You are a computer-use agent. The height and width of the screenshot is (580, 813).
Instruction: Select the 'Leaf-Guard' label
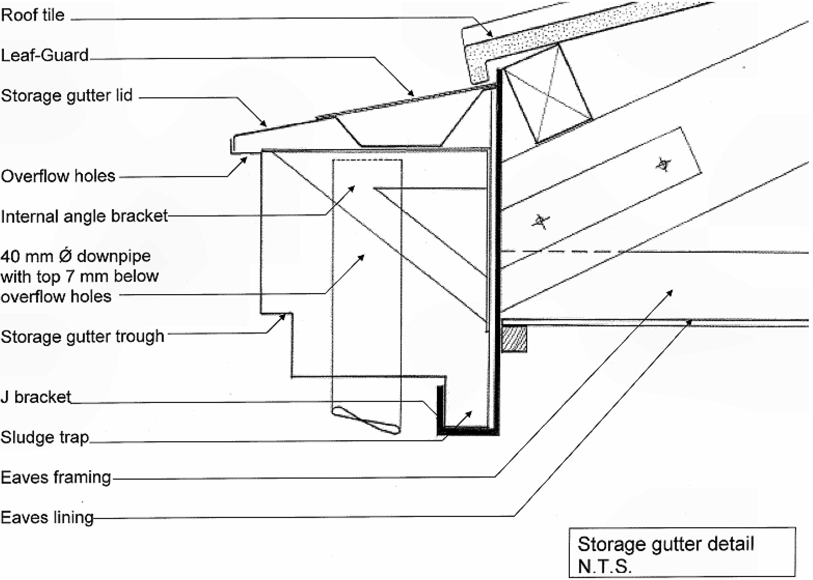point(45,55)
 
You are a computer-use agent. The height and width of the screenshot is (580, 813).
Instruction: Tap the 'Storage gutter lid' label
point(67,96)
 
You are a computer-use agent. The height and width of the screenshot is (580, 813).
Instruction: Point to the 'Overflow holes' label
point(58,176)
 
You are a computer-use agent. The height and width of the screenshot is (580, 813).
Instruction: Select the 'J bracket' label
point(36,397)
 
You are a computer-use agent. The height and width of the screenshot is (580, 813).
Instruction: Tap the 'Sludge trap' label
point(45,437)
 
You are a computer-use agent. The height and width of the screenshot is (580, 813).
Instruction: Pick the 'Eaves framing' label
point(56,477)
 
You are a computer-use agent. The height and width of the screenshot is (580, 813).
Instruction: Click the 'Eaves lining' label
point(47,518)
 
